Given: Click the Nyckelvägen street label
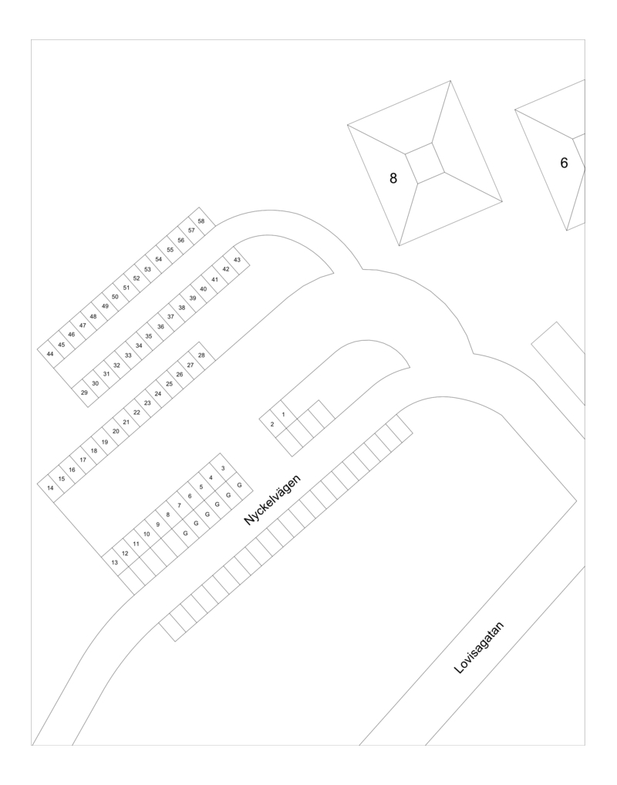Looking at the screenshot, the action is [x=272, y=500].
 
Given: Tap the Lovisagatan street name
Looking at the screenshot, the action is [x=478, y=648].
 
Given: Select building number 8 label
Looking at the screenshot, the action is [x=393, y=177].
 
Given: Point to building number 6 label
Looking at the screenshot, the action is [x=564, y=163].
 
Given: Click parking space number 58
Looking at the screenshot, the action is [x=201, y=221].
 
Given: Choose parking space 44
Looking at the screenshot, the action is [x=50, y=354].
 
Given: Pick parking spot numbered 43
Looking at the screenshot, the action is [x=237, y=260].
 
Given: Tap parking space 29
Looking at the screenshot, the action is [x=84, y=392].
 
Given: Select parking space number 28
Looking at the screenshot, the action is [x=201, y=355].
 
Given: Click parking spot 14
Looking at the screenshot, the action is [x=50, y=487].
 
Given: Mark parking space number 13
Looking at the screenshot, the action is [x=115, y=562].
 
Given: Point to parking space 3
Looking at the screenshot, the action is [x=223, y=468].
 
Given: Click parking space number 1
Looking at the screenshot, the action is [x=284, y=415].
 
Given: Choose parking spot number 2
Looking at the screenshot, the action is [x=272, y=425].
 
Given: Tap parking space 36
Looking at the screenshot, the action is [x=160, y=326].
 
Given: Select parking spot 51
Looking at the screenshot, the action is [x=126, y=288].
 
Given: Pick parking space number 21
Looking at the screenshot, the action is [x=126, y=422].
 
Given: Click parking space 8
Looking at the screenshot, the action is [x=168, y=514].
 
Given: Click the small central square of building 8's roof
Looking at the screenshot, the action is [x=425, y=163].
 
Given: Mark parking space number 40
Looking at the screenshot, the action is [x=204, y=289].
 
